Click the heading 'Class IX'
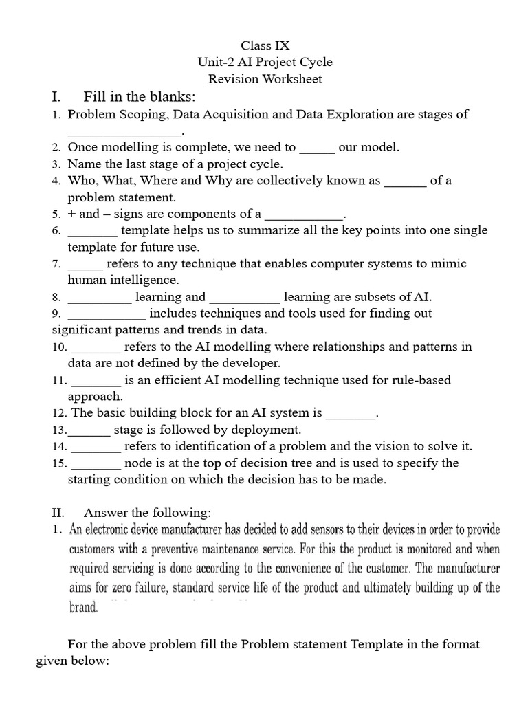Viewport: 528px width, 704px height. point(265,45)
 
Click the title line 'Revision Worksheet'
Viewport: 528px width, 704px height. point(265,78)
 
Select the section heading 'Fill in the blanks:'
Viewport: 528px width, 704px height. point(139,96)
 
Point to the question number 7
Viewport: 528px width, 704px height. point(56,264)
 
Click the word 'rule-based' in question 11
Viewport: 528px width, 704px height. point(422,380)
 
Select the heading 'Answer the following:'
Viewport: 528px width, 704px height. point(147,513)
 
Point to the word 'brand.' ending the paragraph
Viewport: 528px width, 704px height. point(85,608)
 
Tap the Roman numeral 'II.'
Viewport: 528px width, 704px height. point(58,513)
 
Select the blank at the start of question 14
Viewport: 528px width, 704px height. point(96,448)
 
